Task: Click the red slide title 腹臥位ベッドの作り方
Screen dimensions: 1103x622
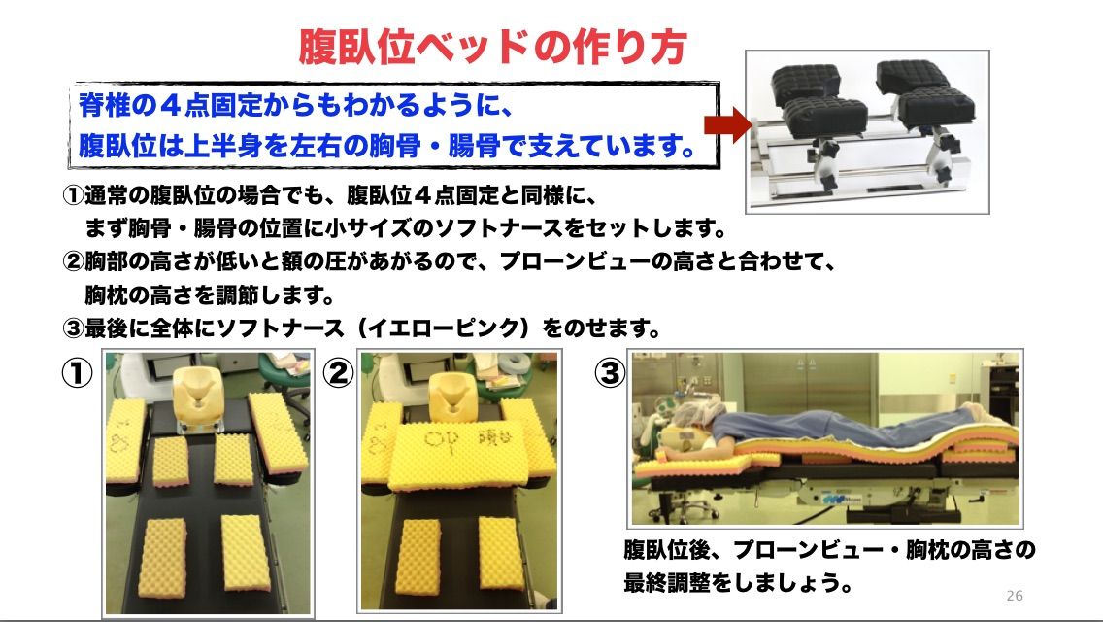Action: (492, 48)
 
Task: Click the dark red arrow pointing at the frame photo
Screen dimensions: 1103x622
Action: (728, 125)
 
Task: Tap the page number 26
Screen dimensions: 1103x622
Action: (1015, 596)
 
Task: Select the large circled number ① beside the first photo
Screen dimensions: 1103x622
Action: (77, 372)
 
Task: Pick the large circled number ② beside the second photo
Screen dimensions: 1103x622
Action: (338, 372)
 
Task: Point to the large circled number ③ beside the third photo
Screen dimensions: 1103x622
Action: (609, 372)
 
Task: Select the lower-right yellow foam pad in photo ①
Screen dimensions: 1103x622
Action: (246, 552)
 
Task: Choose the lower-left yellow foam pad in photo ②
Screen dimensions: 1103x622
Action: (418, 557)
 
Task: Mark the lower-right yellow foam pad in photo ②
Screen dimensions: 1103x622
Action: (502, 553)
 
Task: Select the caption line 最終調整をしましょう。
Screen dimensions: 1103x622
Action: (739, 582)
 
